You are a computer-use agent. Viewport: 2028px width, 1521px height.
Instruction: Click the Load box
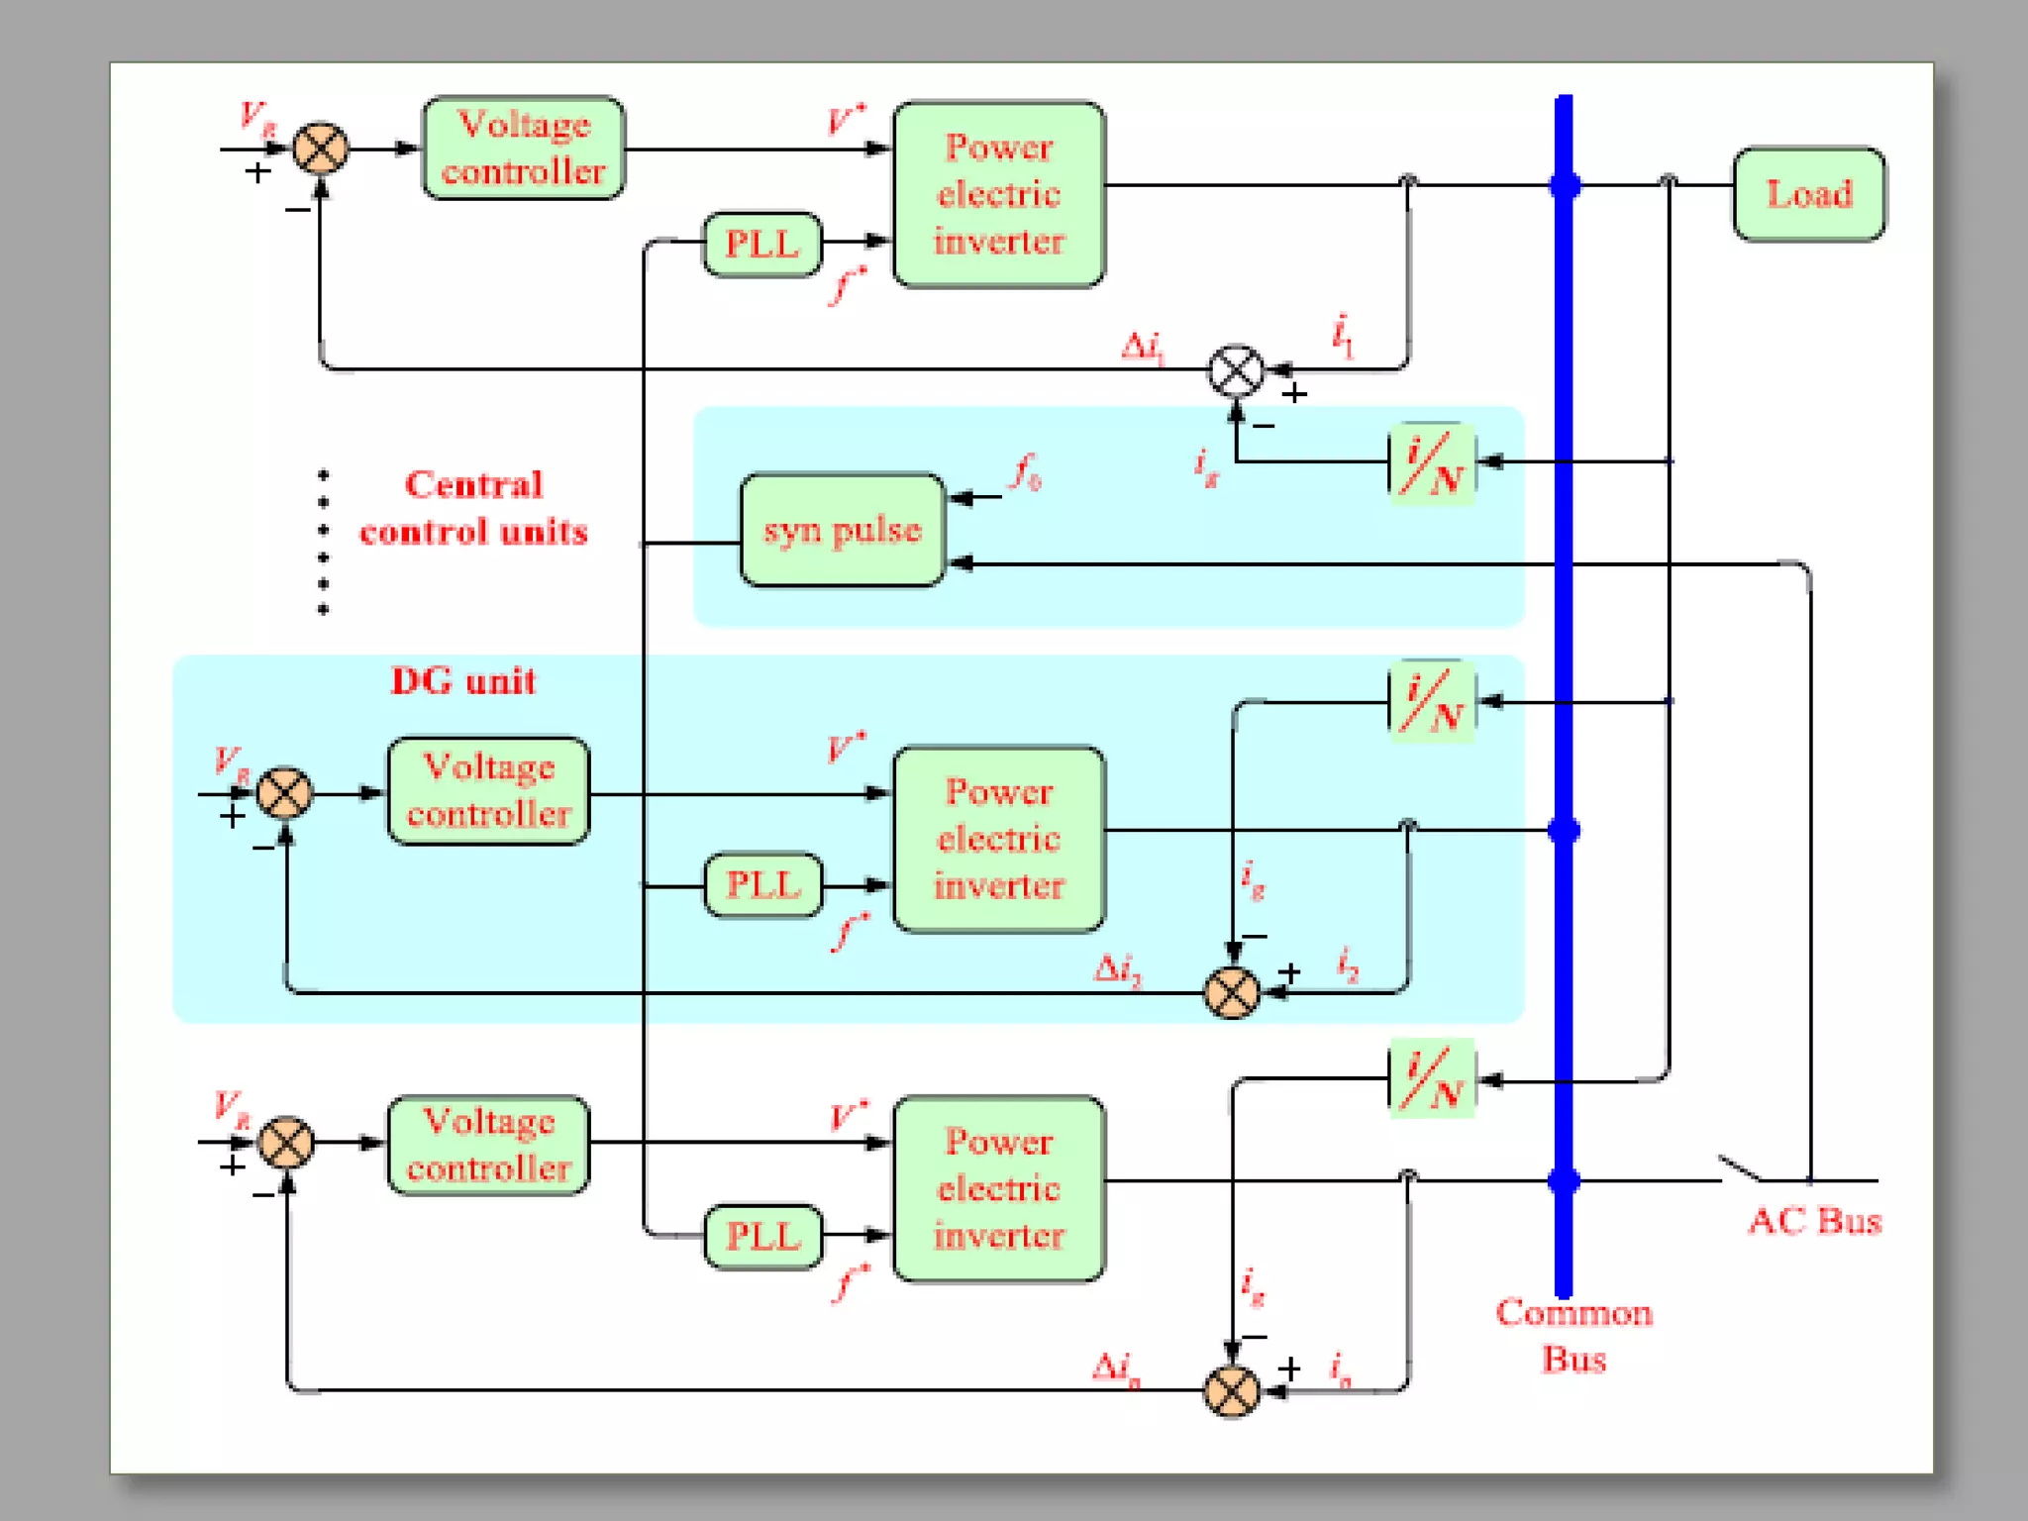coord(1808,194)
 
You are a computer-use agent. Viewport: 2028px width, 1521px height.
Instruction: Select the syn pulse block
coord(843,530)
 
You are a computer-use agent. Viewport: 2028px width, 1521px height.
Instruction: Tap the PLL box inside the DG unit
coord(762,884)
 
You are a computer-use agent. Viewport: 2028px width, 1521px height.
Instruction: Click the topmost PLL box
coord(762,244)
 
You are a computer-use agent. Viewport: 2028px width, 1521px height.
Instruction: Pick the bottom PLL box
coord(762,1236)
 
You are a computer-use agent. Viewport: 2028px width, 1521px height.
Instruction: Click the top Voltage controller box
coord(523,149)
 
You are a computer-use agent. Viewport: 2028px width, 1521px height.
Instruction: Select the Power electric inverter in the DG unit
coord(998,839)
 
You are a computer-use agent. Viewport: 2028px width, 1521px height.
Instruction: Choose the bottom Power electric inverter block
coord(998,1188)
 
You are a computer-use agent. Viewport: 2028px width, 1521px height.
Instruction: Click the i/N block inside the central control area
coord(1432,463)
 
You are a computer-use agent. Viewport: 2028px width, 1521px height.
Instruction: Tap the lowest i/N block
coord(1432,1078)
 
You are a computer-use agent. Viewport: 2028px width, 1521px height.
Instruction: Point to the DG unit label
coord(462,681)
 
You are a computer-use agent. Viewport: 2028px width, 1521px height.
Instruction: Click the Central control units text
coord(473,508)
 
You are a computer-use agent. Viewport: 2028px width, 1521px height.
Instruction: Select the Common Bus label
coord(1573,1335)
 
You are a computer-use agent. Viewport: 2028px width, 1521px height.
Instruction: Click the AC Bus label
coord(1814,1221)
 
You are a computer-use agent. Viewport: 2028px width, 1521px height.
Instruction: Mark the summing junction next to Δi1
coord(1236,371)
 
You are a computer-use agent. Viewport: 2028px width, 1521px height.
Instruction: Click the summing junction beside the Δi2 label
coord(1232,992)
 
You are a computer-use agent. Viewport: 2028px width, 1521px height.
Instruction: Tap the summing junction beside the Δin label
coord(1232,1390)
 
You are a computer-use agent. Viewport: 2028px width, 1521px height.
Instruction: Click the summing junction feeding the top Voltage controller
coord(321,150)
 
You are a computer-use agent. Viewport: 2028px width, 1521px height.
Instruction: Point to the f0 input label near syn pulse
coord(1026,473)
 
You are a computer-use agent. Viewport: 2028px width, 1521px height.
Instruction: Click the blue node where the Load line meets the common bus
coord(1565,185)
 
